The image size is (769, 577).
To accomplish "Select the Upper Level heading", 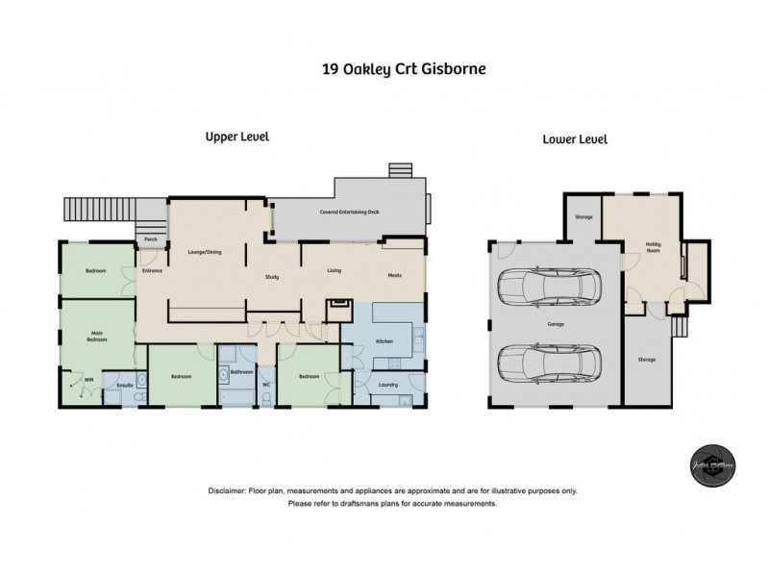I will click(x=236, y=137).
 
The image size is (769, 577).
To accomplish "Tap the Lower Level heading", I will click(x=575, y=139).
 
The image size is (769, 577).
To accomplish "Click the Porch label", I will click(x=151, y=239).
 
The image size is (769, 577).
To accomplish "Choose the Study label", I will click(x=272, y=277).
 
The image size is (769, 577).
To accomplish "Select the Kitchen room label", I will click(x=383, y=340).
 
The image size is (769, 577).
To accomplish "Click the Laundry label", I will click(x=389, y=385).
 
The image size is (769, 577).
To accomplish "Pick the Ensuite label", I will click(x=124, y=386).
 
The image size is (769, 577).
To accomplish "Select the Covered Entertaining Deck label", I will click(x=347, y=213).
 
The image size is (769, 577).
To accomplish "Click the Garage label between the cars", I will click(x=556, y=324).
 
